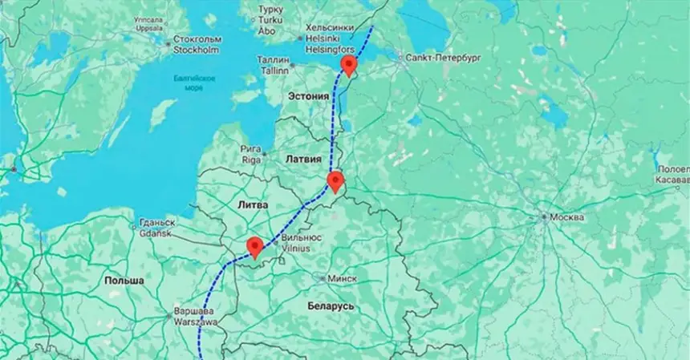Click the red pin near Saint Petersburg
point(349,65)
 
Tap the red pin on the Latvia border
point(335,181)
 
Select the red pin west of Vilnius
point(255,247)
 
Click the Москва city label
point(566,217)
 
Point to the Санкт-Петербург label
point(443,58)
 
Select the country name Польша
point(124,281)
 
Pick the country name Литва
point(253,205)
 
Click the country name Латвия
point(303,160)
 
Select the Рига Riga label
point(251,154)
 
